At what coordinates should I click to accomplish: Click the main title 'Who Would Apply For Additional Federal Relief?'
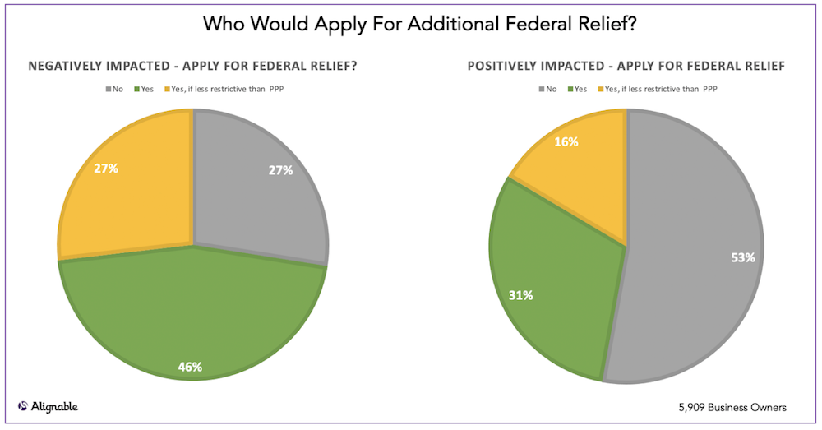[410, 25]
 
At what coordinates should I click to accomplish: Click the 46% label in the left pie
[192, 367]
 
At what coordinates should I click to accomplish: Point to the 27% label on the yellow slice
[106, 169]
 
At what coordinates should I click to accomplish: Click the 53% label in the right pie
[742, 257]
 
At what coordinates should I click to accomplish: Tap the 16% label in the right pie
[566, 141]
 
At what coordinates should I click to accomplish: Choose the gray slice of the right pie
[699, 247]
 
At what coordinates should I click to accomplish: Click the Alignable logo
[48, 406]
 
